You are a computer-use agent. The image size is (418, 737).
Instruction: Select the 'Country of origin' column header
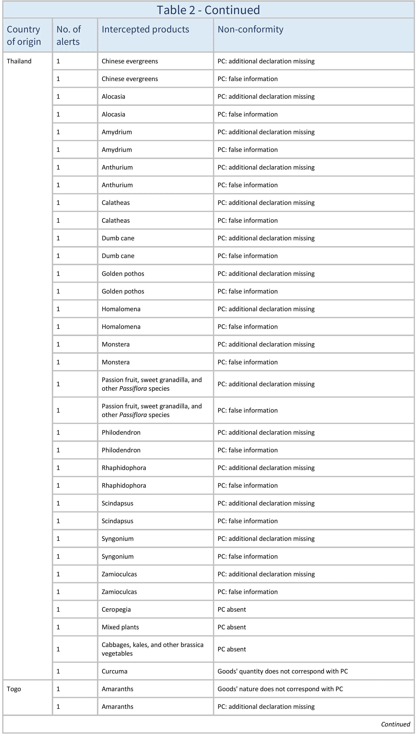[x=24, y=35]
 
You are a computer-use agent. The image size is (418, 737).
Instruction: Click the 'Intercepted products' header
[x=145, y=29]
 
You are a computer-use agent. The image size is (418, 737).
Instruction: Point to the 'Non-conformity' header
[x=250, y=29]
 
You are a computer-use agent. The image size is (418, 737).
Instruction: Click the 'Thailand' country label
[x=19, y=61]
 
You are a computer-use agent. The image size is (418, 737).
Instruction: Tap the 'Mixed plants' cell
[x=120, y=627]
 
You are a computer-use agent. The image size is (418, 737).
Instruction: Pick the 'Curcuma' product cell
[x=114, y=671]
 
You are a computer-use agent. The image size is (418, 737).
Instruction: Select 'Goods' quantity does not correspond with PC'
[x=282, y=671]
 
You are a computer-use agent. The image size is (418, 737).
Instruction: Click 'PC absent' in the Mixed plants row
[x=232, y=627]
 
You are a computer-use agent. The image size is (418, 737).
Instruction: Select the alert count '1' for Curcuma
[x=58, y=671]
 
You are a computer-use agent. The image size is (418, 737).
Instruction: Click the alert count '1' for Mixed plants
[x=58, y=627]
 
